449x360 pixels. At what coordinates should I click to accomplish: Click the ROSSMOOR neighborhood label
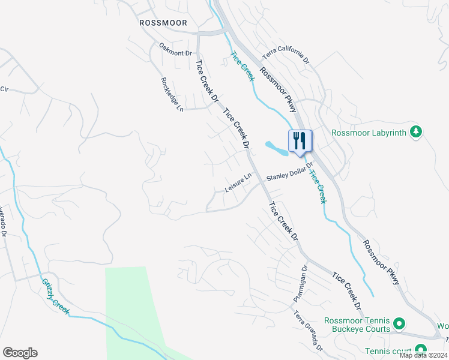(163, 23)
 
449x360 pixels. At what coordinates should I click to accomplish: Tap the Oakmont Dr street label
(175, 49)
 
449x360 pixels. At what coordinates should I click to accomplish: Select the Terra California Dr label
(285, 59)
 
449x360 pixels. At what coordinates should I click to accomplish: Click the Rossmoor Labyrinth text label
(369, 132)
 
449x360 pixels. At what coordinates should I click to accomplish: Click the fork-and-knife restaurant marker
(300, 142)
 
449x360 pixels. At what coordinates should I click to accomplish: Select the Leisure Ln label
(237, 184)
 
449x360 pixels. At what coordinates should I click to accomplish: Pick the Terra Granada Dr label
(307, 331)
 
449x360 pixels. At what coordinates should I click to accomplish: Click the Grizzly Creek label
(56, 296)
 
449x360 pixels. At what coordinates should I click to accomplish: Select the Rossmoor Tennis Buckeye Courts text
(357, 325)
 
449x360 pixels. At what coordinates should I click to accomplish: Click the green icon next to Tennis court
(420, 350)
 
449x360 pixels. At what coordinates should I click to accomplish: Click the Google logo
(20, 352)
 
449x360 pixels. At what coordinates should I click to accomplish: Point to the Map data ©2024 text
(424, 355)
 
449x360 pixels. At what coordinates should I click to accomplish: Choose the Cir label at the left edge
(4, 89)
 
